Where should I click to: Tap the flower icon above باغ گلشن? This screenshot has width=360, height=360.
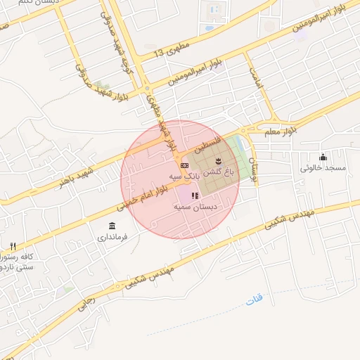(217, 162)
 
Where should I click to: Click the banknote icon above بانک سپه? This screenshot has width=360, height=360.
(184, 165)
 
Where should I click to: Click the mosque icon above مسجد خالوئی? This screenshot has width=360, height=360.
(323, 157)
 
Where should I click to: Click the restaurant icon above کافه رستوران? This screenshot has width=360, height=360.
(13, 246)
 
